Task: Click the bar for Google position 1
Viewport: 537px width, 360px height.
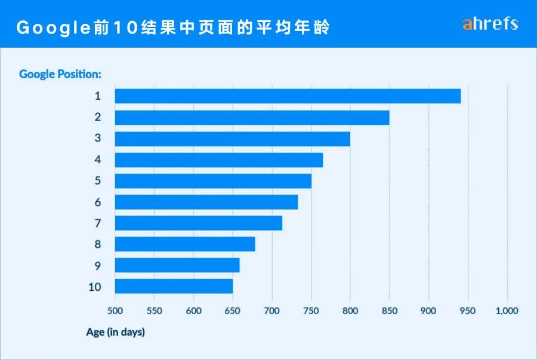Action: point(288,96)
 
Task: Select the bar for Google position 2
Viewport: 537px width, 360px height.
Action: point(252,118)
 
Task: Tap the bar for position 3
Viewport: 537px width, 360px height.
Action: point(232,139)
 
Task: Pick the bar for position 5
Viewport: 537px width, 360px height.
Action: point(213,181)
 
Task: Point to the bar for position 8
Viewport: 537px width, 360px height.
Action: point(185,244)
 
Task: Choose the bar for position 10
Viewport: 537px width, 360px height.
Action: point(174,287)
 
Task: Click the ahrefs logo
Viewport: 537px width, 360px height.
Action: point(490,24)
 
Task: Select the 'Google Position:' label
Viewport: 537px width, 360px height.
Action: point(60,74)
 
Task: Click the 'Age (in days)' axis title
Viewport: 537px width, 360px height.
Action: point(116,332)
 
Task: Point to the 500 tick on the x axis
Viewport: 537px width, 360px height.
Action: point(115,311)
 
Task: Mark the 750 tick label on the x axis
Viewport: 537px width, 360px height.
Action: point(311,311)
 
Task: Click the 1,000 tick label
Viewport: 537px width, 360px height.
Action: point(507,311)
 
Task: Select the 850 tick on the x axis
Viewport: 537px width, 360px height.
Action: point(390,311)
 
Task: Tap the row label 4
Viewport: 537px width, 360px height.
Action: point(97,159)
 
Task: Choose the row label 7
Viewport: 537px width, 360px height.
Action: point(97,223)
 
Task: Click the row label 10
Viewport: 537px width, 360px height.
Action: point(94,287)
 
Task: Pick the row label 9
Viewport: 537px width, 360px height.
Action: point(97,265)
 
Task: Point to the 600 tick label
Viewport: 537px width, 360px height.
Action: point(193,311)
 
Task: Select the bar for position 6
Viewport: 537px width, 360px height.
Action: point(206,202)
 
